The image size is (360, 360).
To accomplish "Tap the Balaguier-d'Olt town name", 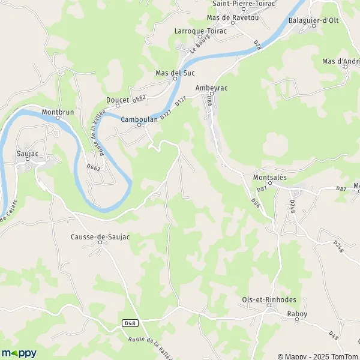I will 329,20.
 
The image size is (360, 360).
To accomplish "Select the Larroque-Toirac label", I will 199,29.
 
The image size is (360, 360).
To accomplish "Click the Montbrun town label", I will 57,111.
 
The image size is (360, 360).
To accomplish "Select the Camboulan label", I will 139,119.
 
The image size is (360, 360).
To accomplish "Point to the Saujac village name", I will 27,154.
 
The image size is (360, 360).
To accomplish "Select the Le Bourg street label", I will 196,46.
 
